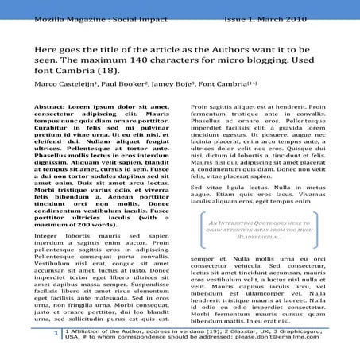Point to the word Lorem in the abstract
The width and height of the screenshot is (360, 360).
(x=82, y=106)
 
